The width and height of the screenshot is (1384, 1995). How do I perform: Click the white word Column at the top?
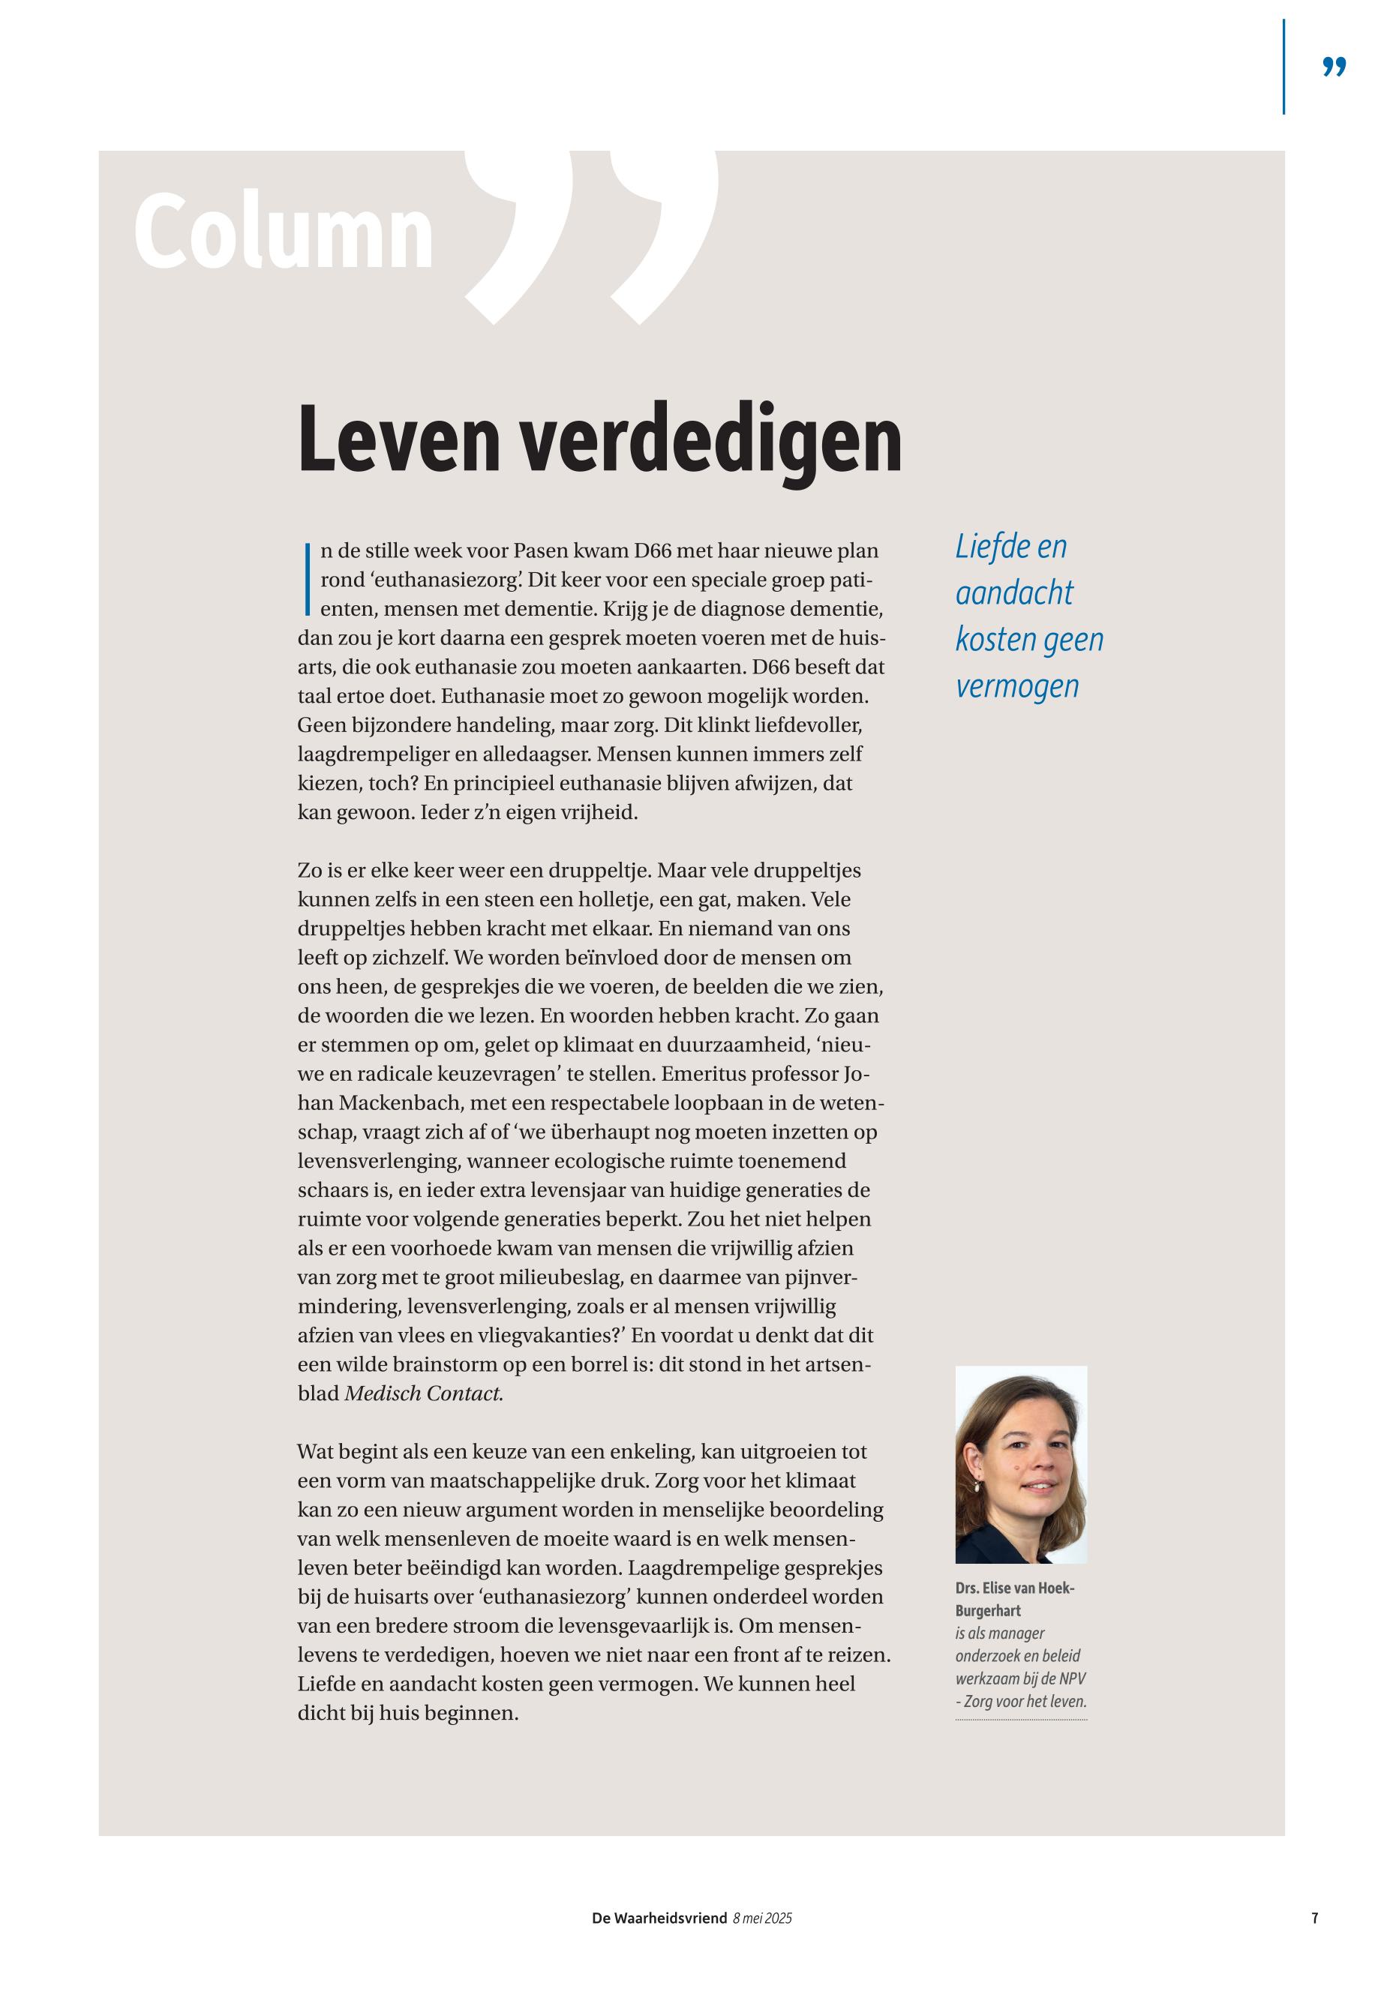[x=283, y=232]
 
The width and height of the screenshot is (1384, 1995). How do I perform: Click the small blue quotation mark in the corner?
[x=1334, y=67]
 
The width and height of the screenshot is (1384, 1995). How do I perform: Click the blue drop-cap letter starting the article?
[x=307, y=579]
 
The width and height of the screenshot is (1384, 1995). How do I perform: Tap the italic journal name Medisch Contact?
[x=423, y=1394]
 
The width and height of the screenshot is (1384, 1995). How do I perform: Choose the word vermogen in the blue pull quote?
[x=1017, y=685]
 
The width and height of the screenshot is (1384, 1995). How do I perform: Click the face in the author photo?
[x=1028, y=1457]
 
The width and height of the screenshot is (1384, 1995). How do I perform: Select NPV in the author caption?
[x=1072, y=1678]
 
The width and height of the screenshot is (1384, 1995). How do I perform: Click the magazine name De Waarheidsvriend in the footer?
[x=659, y=1918]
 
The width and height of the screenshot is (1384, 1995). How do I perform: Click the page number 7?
[x=1315, y=1918]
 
